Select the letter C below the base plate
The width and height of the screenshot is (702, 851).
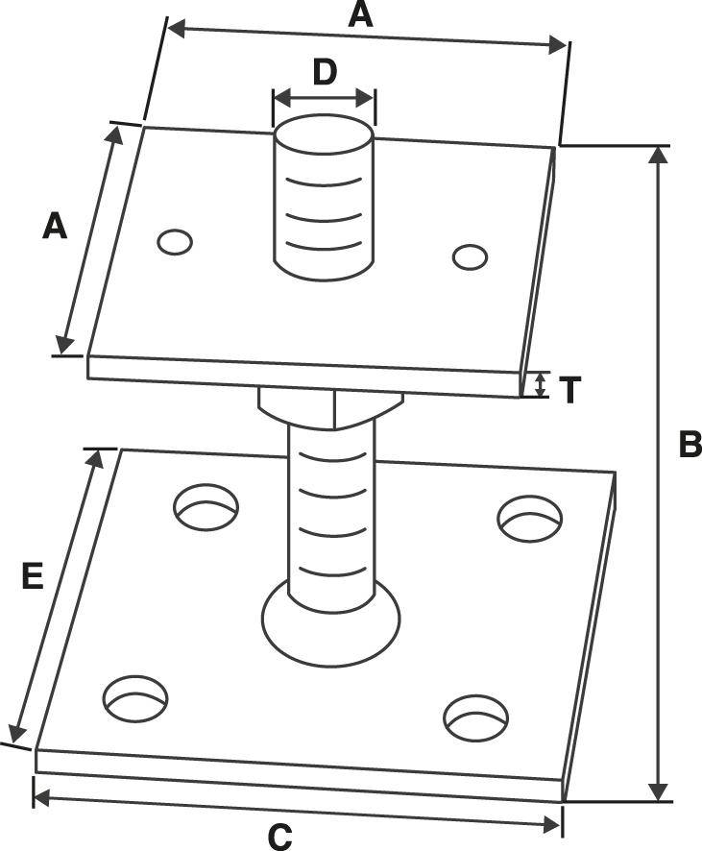coord(279,837)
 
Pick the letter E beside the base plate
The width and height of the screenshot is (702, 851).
coord(33,576)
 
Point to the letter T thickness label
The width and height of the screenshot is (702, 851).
coord(569,390)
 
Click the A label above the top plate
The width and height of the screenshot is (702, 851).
coord(360,14)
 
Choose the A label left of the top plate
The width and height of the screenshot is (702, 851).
coord(56,227)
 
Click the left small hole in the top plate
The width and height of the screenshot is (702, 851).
coord(176,242)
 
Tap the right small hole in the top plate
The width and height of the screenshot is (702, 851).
coord(470,256)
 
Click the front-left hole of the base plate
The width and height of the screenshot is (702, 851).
coord(135,699)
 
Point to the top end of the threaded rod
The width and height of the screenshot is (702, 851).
coord(324,134)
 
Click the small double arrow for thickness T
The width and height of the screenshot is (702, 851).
coord(541,386)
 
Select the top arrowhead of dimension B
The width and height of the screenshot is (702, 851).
coord(658,156)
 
